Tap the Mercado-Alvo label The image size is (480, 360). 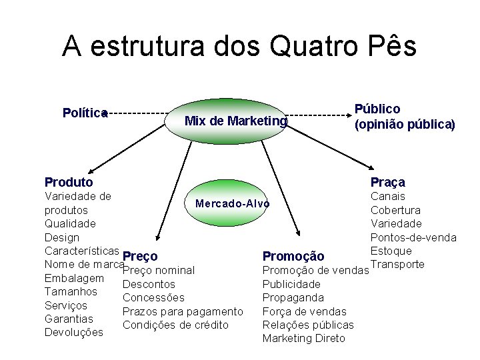tap(232, 203)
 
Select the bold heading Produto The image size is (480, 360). tap(69, 182)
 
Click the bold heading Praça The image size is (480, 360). tap(387, 182)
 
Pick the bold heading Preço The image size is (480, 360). tap(141, 256)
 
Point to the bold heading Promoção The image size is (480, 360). tap(293, 257)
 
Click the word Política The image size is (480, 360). tap(85, 113)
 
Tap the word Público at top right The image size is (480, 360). tap(377, 109)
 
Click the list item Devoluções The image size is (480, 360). tap(74, 332)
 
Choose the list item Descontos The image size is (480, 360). tap(149, 284)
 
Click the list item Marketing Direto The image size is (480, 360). tap(304, 339)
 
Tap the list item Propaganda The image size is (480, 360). tap(293, 297)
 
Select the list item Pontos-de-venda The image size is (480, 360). tap(413, 237)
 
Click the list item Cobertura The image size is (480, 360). tap(395, 210)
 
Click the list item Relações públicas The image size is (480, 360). tap(308, 325)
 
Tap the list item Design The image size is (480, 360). tap(62, 237)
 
